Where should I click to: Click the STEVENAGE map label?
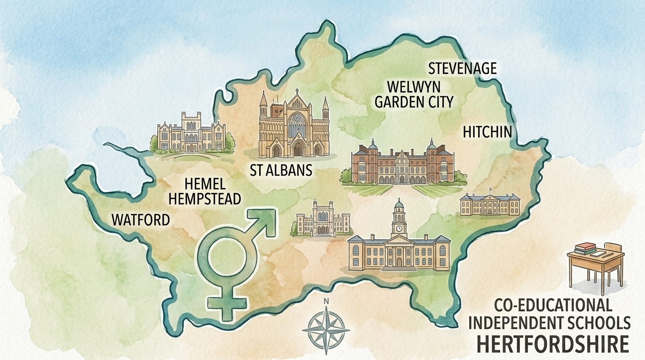[462, 68]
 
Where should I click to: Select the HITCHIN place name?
[486, 132]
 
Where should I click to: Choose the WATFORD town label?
[140, 219]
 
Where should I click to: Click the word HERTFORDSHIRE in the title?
[553, 344]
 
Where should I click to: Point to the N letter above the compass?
[325, 301]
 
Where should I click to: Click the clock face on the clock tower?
[399, 228]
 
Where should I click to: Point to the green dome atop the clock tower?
[399, 205]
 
